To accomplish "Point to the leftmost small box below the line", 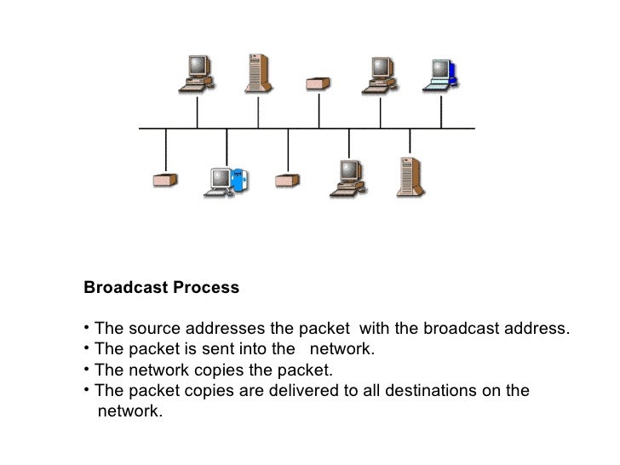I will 164,181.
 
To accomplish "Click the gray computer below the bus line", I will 348,175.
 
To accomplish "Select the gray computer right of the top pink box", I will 378,74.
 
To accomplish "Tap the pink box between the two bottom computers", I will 287,181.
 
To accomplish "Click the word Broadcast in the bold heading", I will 126,288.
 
